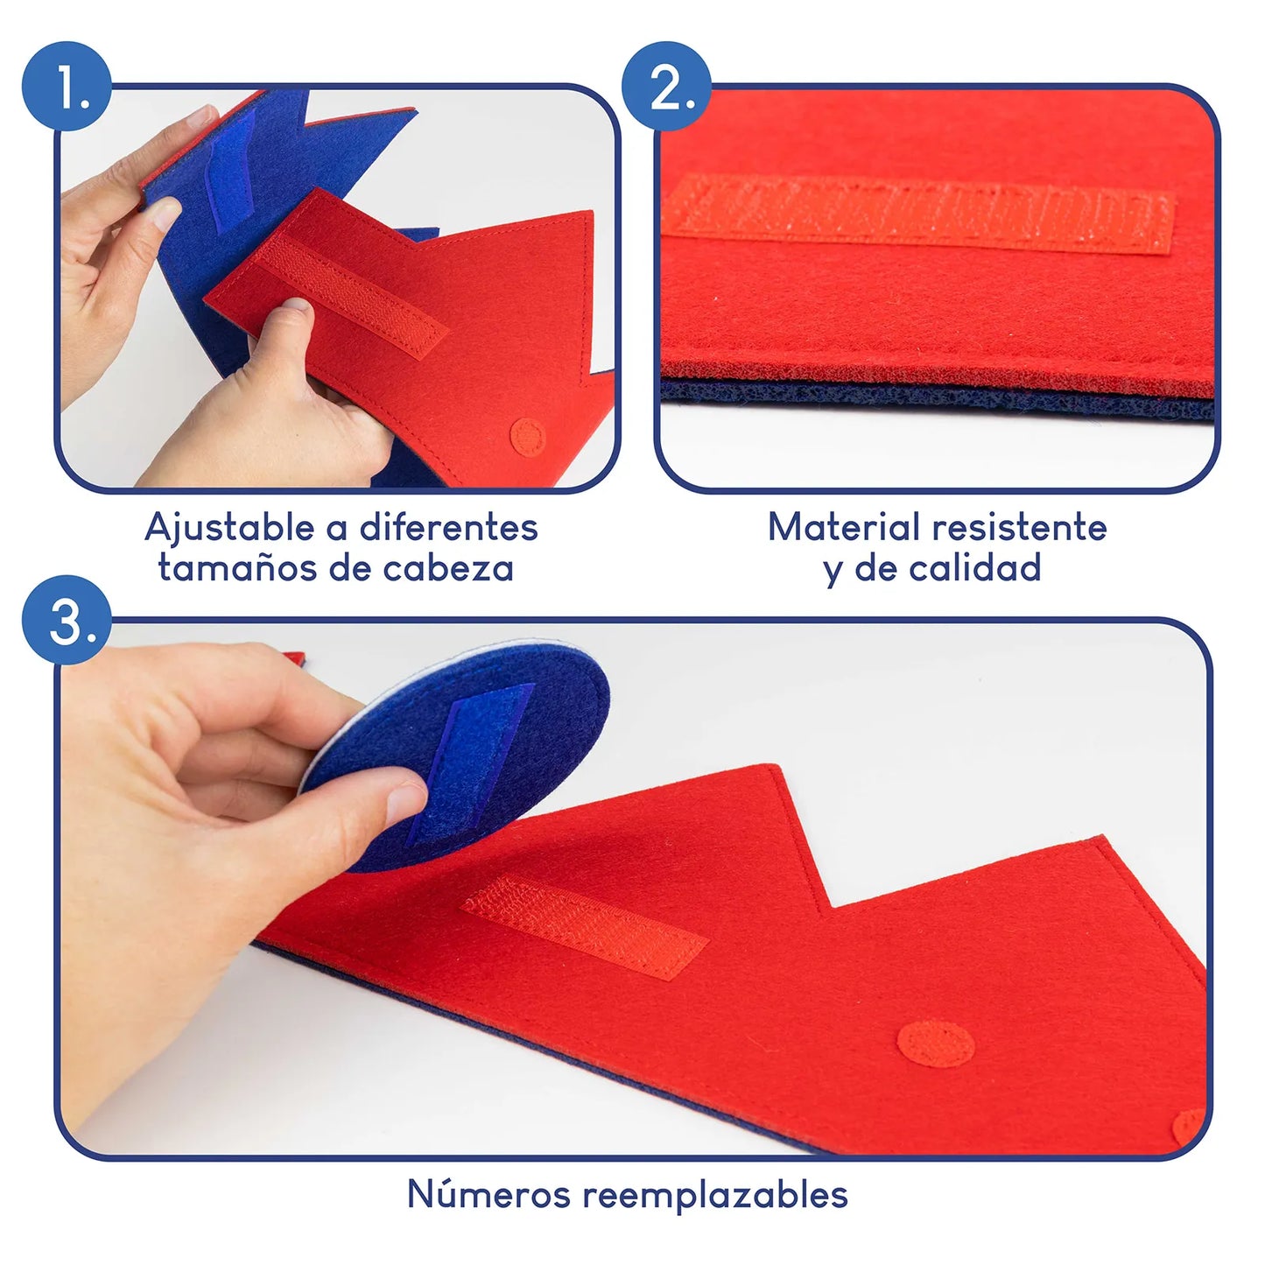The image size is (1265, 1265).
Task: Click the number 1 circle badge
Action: (67, 86)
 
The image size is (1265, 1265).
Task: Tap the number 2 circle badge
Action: (667, 86)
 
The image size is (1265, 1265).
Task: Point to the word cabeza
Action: (447, 568)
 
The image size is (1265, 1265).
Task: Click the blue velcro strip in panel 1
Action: (228, 166)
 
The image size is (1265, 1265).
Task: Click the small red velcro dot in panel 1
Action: (528, 436)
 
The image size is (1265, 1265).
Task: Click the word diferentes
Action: (448, 527)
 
